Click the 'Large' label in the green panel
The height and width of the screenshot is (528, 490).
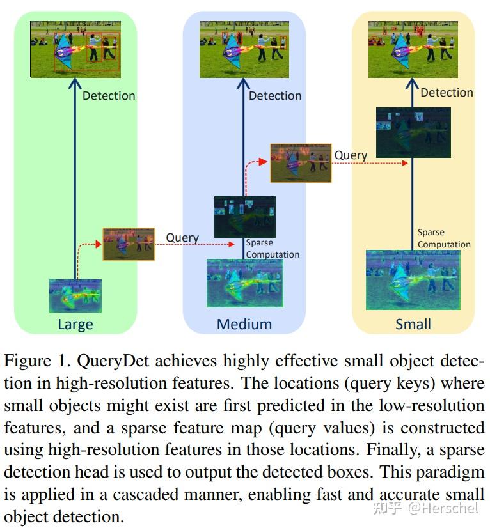click(x=75, y=324)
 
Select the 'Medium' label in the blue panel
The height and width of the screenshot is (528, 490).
click(x=244, y=324)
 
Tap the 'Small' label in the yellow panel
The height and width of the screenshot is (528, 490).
click(x=413, y=324)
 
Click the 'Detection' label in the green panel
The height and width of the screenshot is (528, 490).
click(x=109, y=96)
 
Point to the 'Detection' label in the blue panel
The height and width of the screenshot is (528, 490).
click(x=275, y=96)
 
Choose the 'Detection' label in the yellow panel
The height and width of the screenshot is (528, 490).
click(x=447, y=93)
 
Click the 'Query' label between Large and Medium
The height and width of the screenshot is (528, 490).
click(x=182, y=238)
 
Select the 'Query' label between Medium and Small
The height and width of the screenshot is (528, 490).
click(x=351, y=155)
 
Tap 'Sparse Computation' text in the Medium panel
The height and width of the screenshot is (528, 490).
click(x=273, y=249)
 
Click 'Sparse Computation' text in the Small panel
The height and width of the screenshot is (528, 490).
click(x=444, y=238)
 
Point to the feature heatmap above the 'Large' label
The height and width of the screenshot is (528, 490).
click(x=75, y=295)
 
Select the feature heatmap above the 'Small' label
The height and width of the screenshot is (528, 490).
click(x=413, y=280)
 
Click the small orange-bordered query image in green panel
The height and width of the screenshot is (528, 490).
click(x=129, y=244)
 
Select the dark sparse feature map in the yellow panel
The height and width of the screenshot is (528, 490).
click(x=413, y=132)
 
